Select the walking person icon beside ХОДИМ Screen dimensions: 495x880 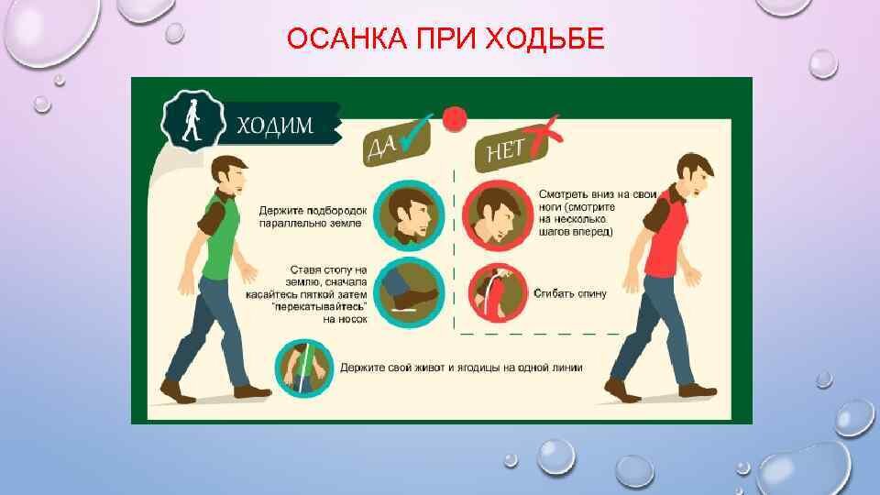(191, 122)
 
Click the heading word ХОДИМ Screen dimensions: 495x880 (275, 126)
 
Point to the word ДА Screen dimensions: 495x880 (382, 146)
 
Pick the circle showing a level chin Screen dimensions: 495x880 (411, 215)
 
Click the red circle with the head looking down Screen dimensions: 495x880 (495, 215)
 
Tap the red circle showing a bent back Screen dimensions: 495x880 (495, 293)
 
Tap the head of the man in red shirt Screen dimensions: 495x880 (697, 175)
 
